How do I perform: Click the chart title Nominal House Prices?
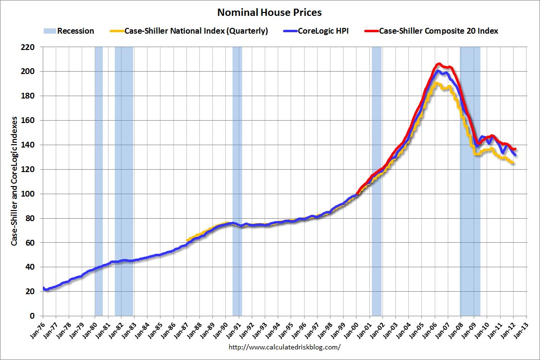(270, 12)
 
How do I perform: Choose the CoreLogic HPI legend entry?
(323, 31)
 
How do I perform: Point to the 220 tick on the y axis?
(30, 47)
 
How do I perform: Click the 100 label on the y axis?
(30, 194)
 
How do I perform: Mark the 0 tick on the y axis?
(34, 316)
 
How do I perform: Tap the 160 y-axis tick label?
(30, 120)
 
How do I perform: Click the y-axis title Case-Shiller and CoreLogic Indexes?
(15, 181)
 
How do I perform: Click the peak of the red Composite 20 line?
(438, 63)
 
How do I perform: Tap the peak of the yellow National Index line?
(436, 83)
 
